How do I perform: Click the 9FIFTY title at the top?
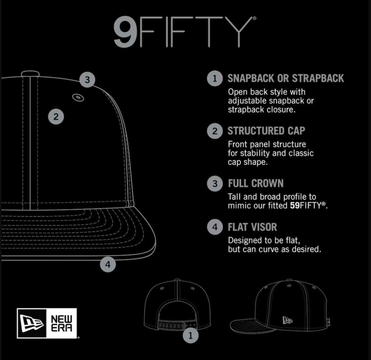(x=185, y=32)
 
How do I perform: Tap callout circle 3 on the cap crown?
(x=87, y=80)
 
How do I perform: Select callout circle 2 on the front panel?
(x=56, y=117)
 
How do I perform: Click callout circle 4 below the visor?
(x=108, y=264)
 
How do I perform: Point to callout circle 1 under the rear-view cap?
(x=191, y=335)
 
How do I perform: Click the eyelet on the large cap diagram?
(x=78, y=97)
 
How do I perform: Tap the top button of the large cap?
(x=30, y=73)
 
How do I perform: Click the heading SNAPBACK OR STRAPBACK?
(x=286, y=78)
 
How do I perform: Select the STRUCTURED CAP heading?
(x=267, y=131)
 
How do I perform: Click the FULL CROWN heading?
(x=256, y=183)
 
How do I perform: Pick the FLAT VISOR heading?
(x=253, y=227)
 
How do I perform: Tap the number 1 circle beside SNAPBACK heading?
(x=215, y=78)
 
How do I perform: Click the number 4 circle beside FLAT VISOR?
(x=215, y=227)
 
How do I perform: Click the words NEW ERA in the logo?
(x=61, y=323)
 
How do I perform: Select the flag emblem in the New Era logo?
(x=32, y=323)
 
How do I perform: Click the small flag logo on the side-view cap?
(x=288, y=320)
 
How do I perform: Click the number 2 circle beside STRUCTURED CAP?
(x=215, y=131)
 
